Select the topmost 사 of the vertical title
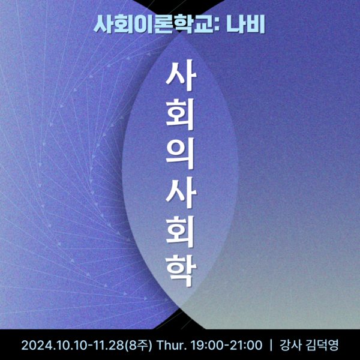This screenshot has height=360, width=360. pyautogui.click(x=179, y=77)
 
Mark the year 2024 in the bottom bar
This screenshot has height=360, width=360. pyautogui.click(x=37, y=346)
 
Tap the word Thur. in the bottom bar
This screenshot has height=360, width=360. pyautogui.click(x=172, y=346)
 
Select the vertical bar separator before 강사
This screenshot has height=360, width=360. pyautogui.click(x=272, y=346)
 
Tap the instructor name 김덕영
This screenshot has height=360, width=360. pyautogui.click(x=325, y=346)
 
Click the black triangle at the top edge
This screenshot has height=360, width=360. pyautogui.click(x=179, y=5)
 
